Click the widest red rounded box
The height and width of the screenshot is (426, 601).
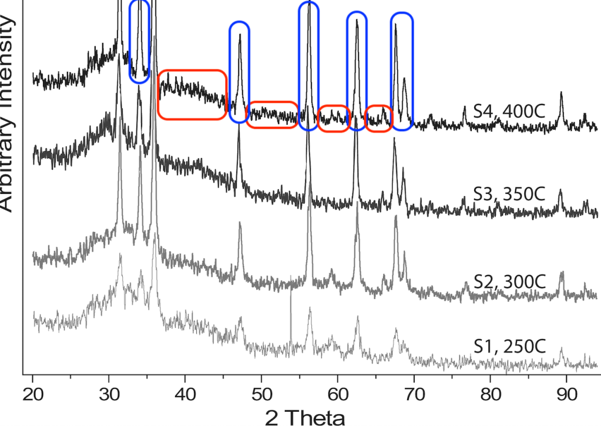tap(193, 95)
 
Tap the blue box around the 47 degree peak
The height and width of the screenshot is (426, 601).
tap(239, 72)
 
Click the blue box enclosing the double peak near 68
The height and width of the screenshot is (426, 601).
tap(402, 71)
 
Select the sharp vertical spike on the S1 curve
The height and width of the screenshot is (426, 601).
tap(291, 306)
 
